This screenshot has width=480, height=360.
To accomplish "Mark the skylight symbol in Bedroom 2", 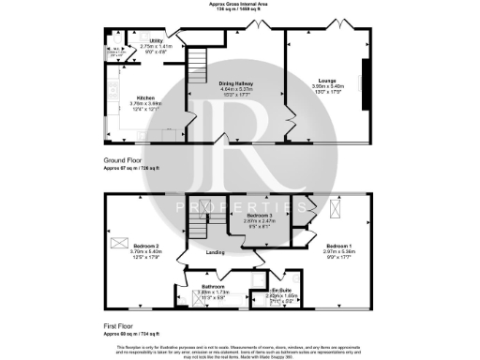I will click(x=119, y=242).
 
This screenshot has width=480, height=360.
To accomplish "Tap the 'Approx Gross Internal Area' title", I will click(x=240, y=4).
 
